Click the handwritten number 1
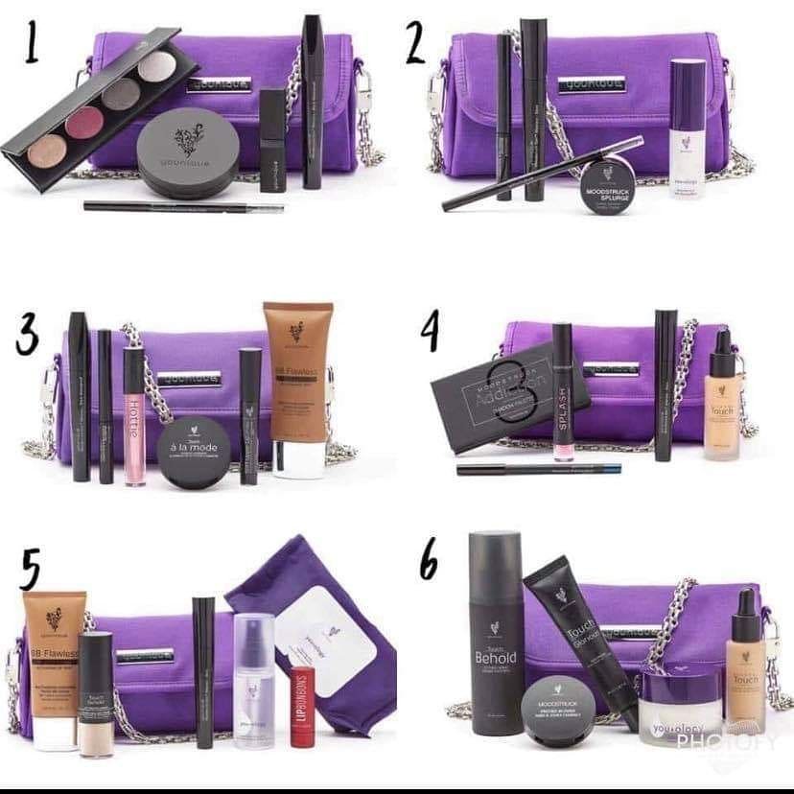click(32, 44)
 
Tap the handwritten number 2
click(415, 44)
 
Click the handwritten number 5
click(30, 572)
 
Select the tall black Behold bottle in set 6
click(496, 633)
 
